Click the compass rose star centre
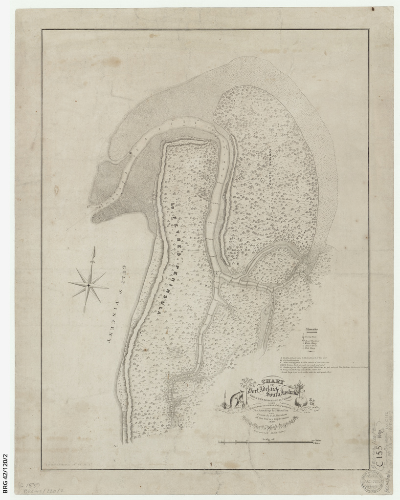(x=89, y=285)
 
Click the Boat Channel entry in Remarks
(x=313, y=340)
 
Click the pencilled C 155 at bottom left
(x=29, y=486)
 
